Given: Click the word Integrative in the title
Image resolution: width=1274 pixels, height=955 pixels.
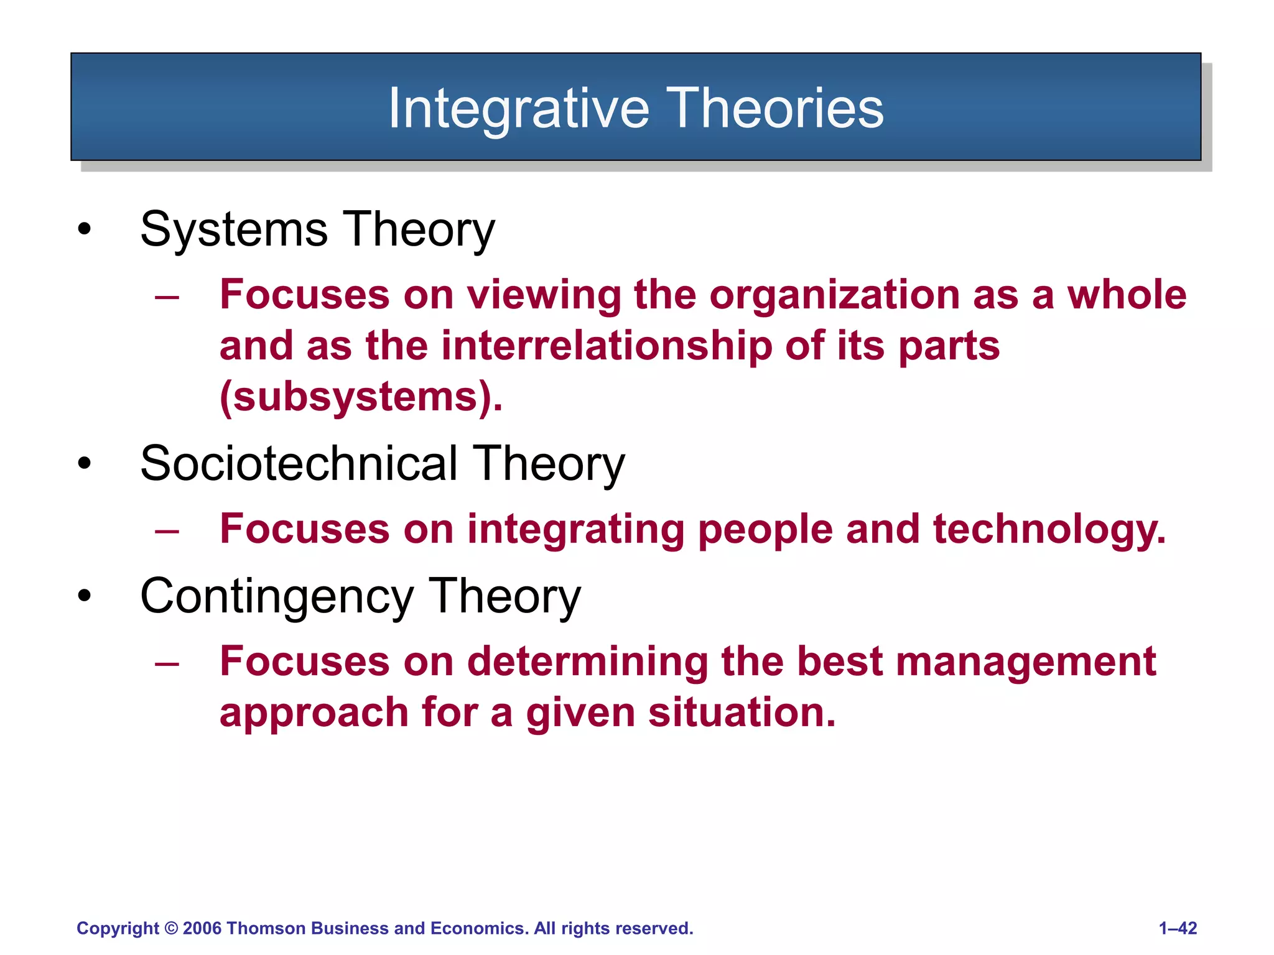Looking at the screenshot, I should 519,109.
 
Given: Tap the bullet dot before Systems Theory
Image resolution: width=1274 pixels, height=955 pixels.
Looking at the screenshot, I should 85,229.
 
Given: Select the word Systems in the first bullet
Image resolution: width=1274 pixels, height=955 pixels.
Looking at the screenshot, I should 234,229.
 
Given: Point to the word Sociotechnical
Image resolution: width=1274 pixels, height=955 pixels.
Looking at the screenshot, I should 299,464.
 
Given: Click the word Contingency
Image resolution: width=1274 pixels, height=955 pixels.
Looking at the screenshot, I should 277,596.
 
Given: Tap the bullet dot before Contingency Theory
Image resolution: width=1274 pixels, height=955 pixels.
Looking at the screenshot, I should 85,596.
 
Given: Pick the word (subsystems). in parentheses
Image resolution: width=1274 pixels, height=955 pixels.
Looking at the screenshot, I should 361,397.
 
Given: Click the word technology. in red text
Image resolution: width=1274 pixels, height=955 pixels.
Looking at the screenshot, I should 1049,530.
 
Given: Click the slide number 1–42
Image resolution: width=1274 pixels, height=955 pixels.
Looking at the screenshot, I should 1178,928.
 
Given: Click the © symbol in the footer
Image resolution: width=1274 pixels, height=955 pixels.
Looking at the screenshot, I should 171,928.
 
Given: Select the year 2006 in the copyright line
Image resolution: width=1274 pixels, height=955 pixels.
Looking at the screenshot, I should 202,928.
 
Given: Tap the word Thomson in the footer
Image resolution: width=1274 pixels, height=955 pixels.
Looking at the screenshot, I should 266,928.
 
